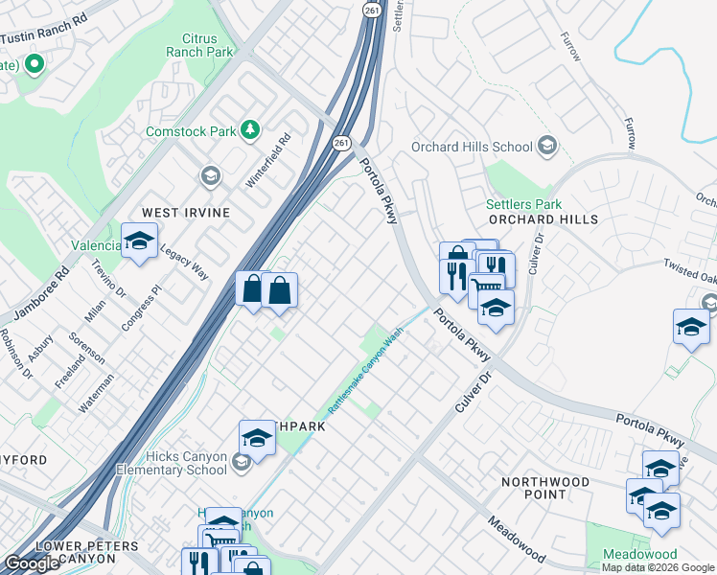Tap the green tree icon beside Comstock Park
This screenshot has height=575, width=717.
coord(250,128)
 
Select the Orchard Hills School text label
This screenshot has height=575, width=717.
coord(471,147)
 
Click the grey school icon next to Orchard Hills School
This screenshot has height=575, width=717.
coord(547,147)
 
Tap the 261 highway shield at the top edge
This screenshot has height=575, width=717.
coord(372,10)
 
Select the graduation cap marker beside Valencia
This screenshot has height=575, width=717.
coord(140,241)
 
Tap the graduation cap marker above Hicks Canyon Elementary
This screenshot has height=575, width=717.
coord(257,439)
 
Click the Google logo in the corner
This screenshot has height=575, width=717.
coord(33,563)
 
